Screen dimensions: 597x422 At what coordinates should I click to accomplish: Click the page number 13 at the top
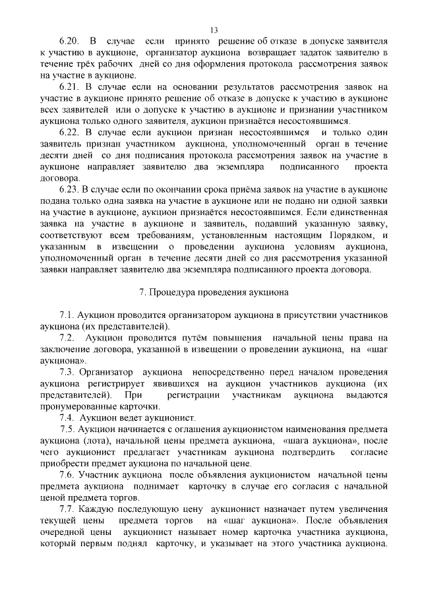click(213, 29)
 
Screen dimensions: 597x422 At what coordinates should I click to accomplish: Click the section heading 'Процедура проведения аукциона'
click(218, 292)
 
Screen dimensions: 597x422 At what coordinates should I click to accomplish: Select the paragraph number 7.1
click(67, 315)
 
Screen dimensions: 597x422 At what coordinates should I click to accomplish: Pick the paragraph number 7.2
click(67, 338)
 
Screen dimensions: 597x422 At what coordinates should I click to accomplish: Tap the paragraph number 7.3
click(67, 372)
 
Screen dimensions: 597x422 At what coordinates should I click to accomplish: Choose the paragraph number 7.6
click(67, 474)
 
